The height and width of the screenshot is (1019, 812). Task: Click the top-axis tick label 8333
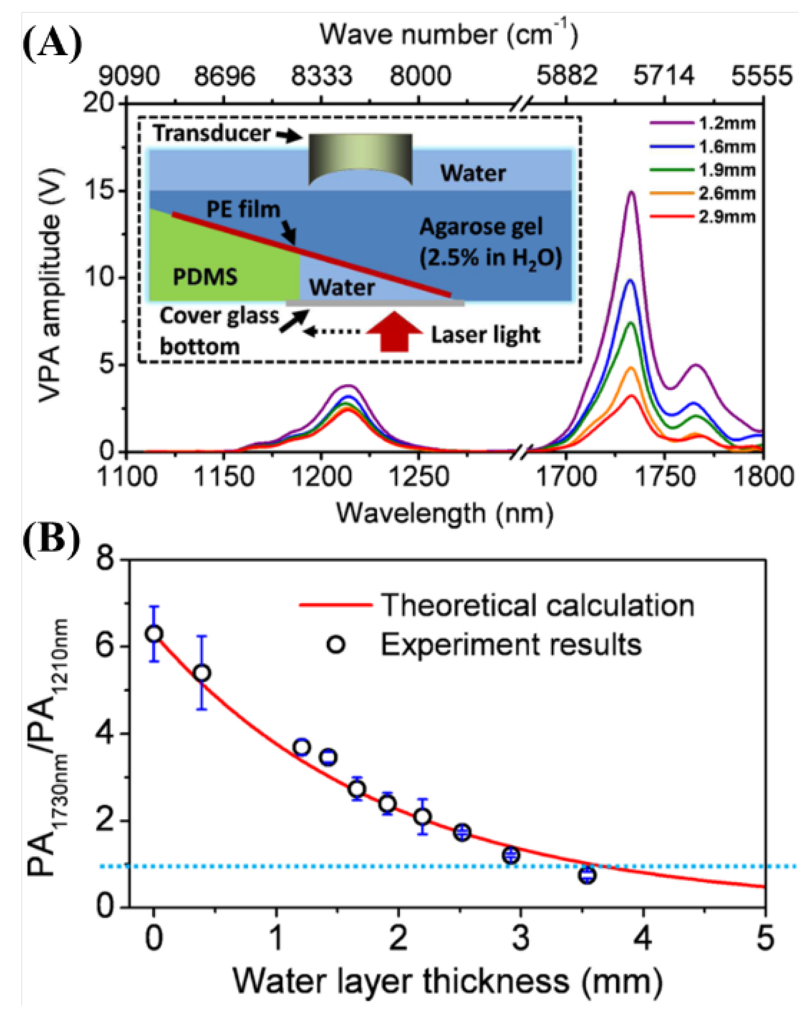point(321,76)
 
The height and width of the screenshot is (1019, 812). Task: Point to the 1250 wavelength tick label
point(419,477)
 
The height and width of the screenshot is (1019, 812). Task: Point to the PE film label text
point(243,209)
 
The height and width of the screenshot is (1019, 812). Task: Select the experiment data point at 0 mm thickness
point(154,634)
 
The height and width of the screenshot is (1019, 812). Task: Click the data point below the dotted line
point(587,875)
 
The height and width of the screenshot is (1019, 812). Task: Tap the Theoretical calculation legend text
point(537,605)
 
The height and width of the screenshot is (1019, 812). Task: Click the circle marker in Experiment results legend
point(336,644)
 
